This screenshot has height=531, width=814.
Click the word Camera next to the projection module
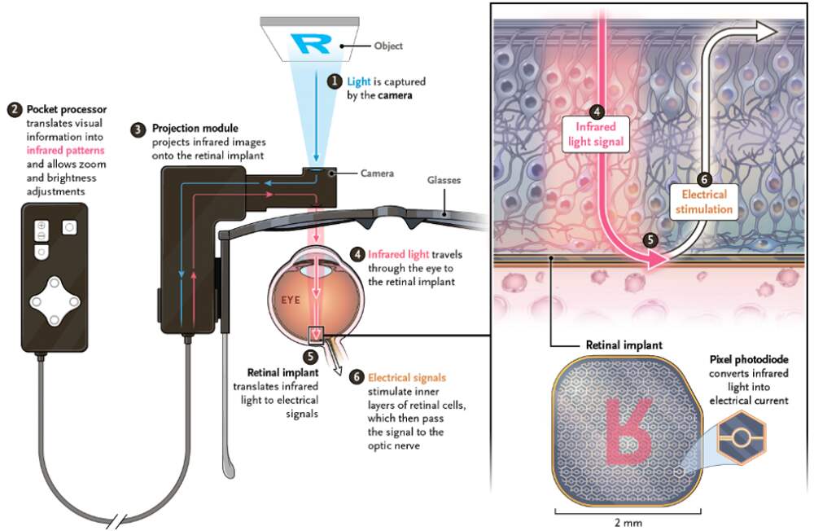[x=377, y=173]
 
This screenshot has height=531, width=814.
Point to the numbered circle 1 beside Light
[x=334, y=81]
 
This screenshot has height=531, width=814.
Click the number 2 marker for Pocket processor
[x=12, y=110]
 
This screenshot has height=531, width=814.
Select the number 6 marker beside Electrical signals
[x=356, y=377]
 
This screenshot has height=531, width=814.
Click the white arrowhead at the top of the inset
[x=764, y=32]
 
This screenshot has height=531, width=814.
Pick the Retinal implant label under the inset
[x=624, y=345]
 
